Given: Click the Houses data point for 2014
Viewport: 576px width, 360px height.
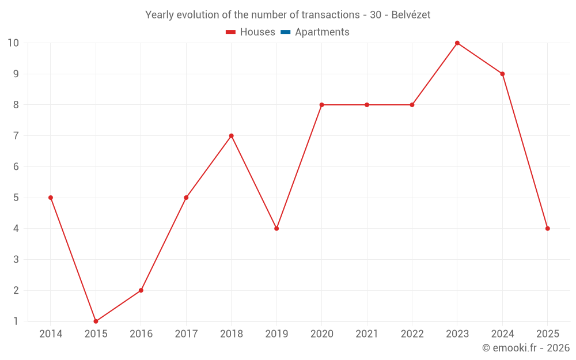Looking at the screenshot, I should click(51, 198).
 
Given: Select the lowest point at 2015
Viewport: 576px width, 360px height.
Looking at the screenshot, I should click(96, 321).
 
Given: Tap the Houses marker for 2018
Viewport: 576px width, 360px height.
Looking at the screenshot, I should click(232, 136).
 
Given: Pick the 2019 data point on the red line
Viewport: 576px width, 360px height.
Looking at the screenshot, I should click(276, 229).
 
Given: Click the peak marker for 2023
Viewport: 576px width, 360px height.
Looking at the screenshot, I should click(457, 43).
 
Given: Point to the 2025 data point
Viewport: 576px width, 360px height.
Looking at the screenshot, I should click(548, 229).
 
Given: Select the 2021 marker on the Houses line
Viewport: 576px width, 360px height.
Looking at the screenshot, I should click(367, 105).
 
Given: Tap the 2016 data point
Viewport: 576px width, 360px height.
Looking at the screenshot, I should click(141, 290).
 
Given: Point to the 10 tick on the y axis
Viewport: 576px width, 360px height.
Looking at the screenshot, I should click(13, 43).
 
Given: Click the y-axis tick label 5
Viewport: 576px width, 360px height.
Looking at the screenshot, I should click(16, 198).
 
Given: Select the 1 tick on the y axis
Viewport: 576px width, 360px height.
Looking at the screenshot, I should click(16, 321).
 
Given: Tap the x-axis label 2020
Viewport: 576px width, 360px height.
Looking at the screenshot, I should click(321, 334).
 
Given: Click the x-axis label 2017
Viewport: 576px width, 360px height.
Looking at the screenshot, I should click(186, 334).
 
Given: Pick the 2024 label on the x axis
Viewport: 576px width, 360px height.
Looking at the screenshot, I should click(502, 334).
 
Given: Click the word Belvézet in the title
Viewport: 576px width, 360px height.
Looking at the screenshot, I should click(411, 15).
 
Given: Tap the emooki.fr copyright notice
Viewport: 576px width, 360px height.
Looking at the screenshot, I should click(525, 348).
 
